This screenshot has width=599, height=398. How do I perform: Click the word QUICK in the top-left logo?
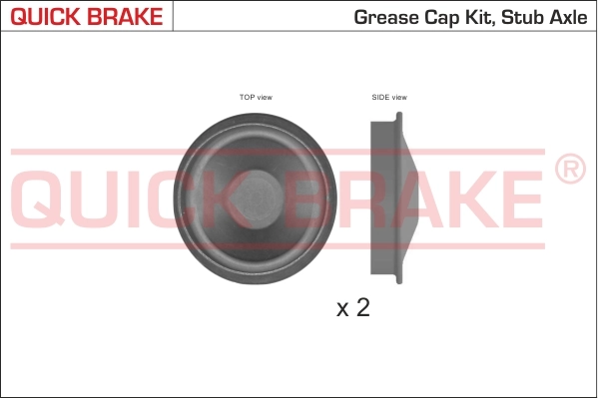tap(43, 17)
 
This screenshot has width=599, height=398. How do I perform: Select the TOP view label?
tap(256, 97)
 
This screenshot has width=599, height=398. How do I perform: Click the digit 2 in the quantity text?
tap(362, 307)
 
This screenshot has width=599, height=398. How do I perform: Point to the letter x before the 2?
tap(341, 310)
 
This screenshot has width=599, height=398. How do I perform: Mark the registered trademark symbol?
tap(569, 170)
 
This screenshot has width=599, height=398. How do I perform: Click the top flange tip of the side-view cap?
tap(400, 116)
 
